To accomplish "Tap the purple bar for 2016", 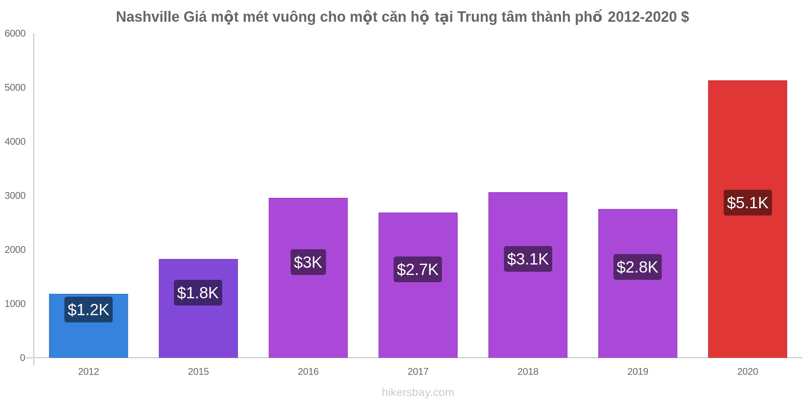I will pyautogui.click(x=308, y=314).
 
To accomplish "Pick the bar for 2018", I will pyautogui.click(x=528, y=314).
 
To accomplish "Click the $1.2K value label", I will pyautogui.click(x=89, y=310).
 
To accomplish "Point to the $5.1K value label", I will pyautogui.click(x=747, y=203).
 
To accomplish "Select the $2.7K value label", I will pyautogui.click(x=417, y=269).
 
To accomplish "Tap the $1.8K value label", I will pyautogui.click(x=198, y=293).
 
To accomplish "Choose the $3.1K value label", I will pyautogui.click(x=528, y=259).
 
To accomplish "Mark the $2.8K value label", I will pyautogui.click(x=637, y=267).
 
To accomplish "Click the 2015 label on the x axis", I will pyautogui.click(x=198, y=372).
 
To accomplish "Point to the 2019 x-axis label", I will pyautogui.click(x=638, y=372).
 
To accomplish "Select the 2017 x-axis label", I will pyautogui.click(x=418, y=372).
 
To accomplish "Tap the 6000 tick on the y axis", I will pyautogui.click(x=15, y=34).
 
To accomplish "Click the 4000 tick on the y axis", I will pyautogui.click(x=15, y=142).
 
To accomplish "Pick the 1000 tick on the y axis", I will pyautogui.click(x=15, y=304).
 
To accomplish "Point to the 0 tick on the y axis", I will pyautogui.click(x=23, y=358).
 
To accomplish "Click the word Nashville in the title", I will pyautogui.click(x=147, y=17).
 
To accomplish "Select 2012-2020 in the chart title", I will pyautogui.click(x=642, y=17).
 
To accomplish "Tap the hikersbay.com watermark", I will pyautogui.click(x=418, y=392).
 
